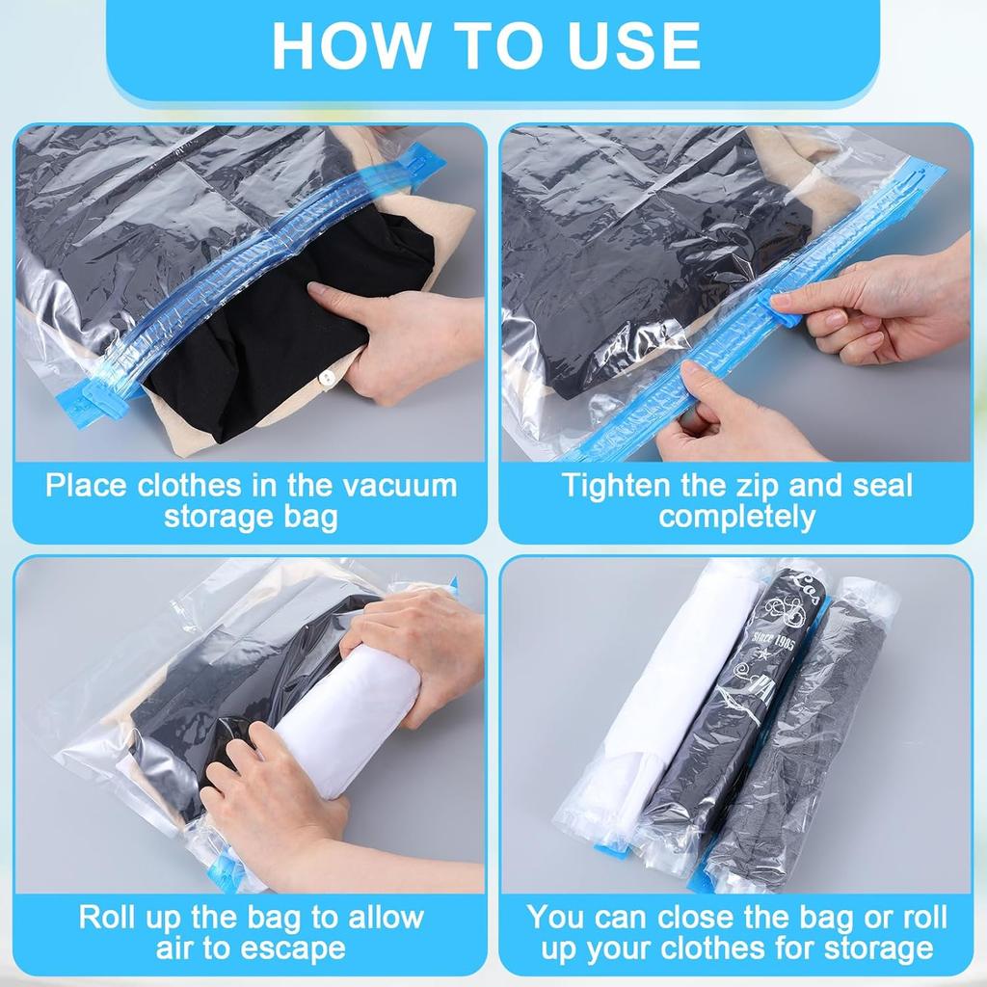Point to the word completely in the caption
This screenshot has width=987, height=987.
pos(736,517)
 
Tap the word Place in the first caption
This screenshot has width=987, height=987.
pos(87,484)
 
